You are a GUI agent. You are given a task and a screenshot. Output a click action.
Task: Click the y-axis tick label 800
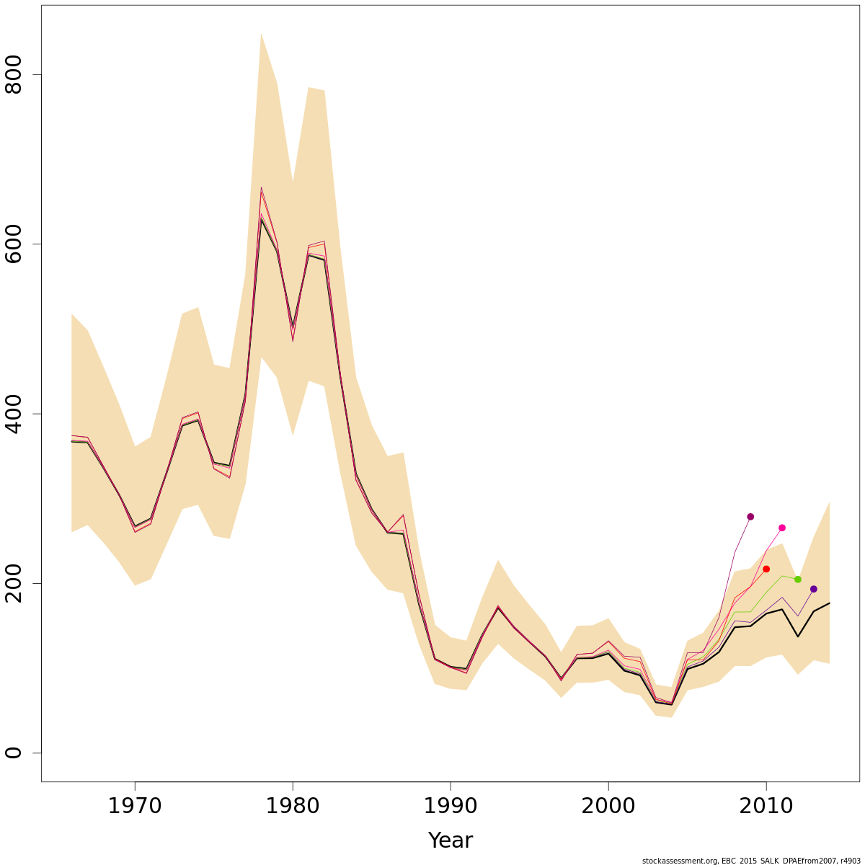[x=15, y=75]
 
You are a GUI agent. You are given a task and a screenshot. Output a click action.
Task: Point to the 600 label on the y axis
[x=15, y=244]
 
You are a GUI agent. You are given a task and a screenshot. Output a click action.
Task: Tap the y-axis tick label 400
[x=15, y=414]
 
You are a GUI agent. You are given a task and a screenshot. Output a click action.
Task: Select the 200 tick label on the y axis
[x=15, y=583]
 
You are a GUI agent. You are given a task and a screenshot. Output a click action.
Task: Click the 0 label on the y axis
[x=15, y=753]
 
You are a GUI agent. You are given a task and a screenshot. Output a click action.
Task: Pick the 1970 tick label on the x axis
[x=135, y=805]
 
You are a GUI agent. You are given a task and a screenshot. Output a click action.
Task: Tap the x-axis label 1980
[x=293, y=805]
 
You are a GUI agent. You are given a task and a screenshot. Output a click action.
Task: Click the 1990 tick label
[x=451, y=805]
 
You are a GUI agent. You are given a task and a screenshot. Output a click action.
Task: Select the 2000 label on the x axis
[x=608, y=805]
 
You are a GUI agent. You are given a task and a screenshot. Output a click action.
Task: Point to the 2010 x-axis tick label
[x=766, y=805]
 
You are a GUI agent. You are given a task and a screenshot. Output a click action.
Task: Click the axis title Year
[x=451, y=840]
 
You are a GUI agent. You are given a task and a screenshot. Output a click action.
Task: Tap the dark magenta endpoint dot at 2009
[x=750, y=517]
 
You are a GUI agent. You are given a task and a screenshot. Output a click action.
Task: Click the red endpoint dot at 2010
[x=766, y=569]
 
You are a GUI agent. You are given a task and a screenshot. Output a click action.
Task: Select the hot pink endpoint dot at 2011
[x=782, y=528]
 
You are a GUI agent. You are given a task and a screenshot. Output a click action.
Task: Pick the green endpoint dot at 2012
[x=798, y=580]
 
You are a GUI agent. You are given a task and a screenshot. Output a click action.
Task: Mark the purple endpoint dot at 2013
[x=814, y=589]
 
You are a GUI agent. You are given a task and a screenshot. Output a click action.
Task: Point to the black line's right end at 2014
[x=830, y=603]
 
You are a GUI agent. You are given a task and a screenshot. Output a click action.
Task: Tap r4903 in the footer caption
[x=850, y=861]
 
